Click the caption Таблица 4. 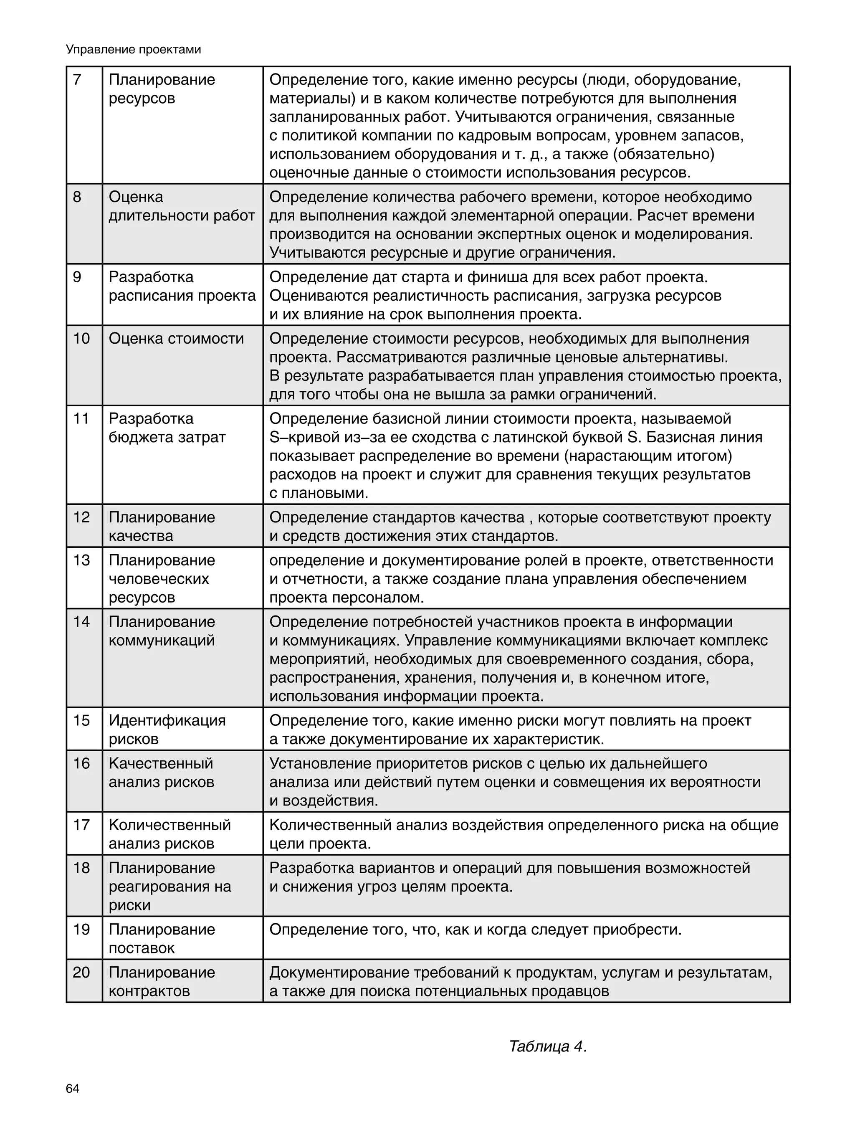[x=547, y=1046]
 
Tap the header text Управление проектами [x=134, y=49]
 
